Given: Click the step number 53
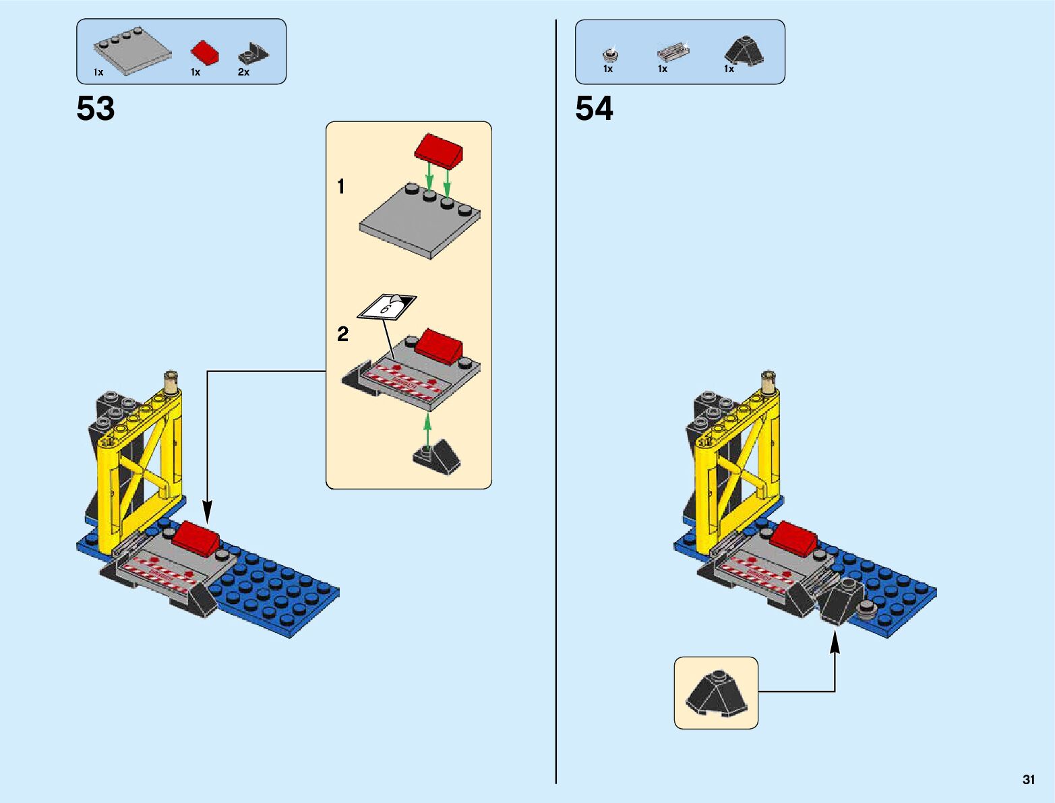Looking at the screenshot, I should pos(96,109).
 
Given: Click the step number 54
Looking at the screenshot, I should pos(594,109).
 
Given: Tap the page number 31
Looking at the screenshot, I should pos(1028,779).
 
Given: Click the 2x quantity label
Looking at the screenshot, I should pos(243,72).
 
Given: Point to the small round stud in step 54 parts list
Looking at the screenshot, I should pos(610,53).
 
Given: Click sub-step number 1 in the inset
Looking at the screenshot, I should pos(341,186).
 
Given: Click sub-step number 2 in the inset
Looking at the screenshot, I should pos(342,334).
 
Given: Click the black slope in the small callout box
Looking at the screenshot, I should pos(716,693).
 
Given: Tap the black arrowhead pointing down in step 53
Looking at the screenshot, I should pos(208,512).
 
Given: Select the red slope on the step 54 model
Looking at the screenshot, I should pos(794,538).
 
